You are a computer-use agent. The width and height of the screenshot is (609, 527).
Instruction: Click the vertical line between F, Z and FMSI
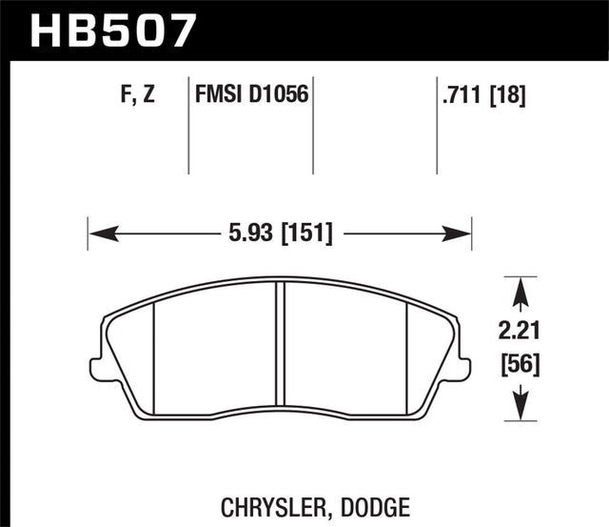(x=187, y=129)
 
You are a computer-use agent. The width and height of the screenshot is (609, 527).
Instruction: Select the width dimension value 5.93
(x=245, y=233)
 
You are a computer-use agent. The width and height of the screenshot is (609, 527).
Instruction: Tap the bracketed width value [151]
(x=303, y=233)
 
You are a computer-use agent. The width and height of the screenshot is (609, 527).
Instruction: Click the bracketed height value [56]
(x=517, y=363)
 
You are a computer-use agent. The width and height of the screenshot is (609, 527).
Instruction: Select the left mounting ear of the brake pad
(x=95, y=369)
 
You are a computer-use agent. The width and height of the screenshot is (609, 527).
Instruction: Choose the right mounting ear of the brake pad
(x=463, y=369)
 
